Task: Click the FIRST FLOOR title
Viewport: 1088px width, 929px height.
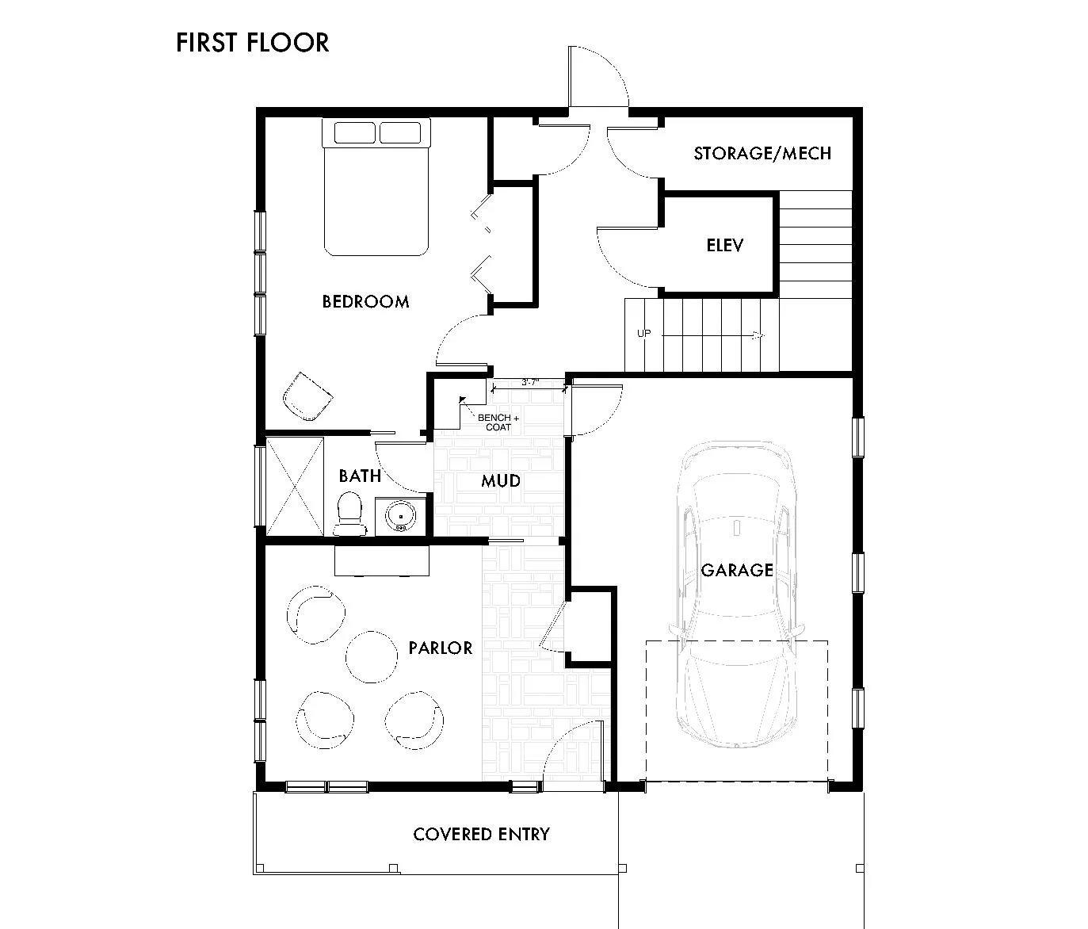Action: (252, 42)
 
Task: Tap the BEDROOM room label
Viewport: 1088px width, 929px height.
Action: (365, 301)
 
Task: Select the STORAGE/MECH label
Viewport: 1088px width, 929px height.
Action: (762, 153)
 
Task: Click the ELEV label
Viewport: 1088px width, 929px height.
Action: (725, 245)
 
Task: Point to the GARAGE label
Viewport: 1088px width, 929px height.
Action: (736, 570)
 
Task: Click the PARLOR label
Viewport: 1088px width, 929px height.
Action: (441, 648)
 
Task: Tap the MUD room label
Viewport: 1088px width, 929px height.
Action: (501, 480)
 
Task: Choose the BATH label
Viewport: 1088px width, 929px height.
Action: (360, 476)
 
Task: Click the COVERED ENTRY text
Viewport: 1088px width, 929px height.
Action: (481, 834)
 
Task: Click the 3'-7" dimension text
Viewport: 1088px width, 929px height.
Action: (530, 383)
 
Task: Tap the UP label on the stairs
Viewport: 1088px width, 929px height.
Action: (643, 334)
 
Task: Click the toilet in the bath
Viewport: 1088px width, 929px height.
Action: (349, 514)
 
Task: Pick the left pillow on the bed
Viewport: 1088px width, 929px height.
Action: (354, 132)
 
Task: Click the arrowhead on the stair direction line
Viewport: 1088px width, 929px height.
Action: (758, 335)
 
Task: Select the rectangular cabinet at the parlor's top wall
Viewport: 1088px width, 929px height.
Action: (382, 560)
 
